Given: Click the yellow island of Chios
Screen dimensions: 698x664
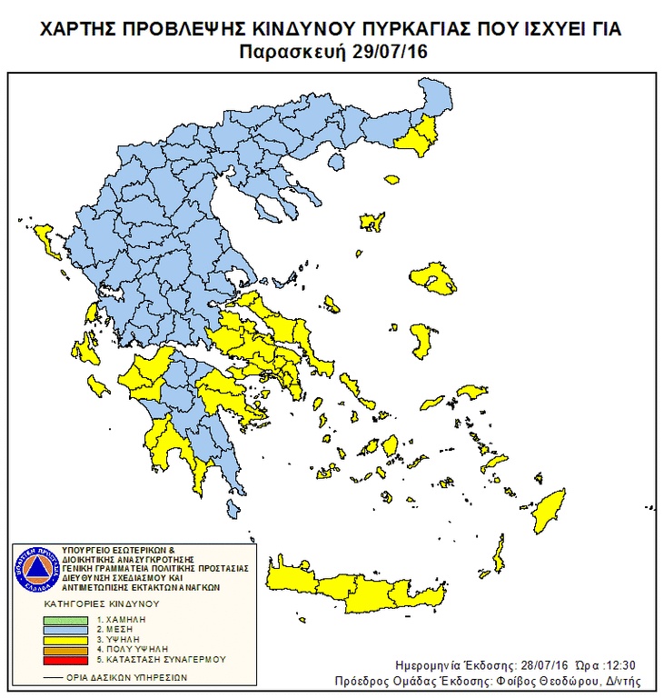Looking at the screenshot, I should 421,339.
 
